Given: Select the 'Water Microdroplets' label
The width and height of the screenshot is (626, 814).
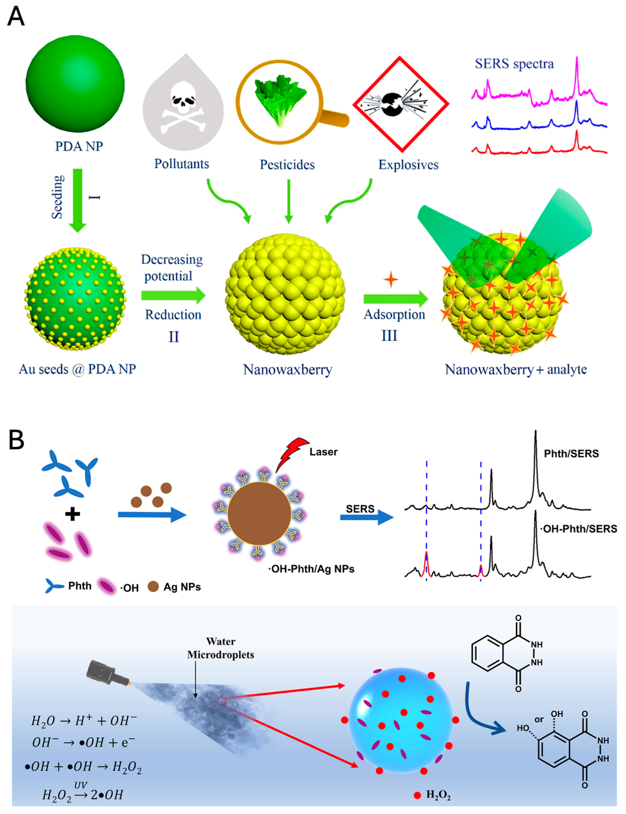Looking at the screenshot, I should (221, 648).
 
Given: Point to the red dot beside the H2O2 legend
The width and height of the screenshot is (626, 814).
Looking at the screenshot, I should (417, 795).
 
